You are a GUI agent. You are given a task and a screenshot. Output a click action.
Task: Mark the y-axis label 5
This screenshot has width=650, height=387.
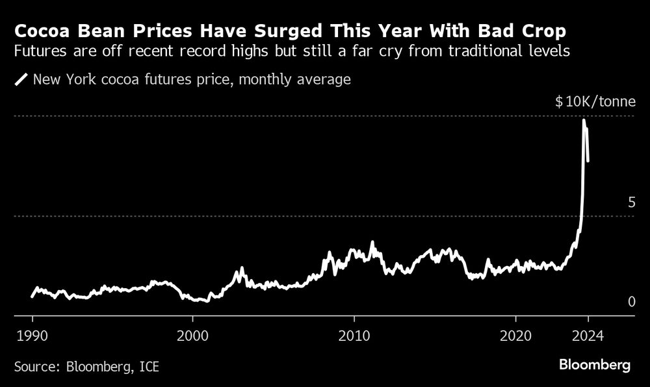(630, 203)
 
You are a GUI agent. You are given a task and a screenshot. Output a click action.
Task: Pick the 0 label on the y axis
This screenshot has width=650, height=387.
(630, 302)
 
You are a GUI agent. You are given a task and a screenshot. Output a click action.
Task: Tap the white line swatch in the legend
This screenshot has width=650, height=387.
(21, 80)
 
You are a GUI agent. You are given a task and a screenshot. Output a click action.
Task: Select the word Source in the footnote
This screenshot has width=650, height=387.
(36, 367)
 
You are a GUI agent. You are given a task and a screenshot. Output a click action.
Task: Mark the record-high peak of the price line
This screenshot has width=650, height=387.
(584, 120)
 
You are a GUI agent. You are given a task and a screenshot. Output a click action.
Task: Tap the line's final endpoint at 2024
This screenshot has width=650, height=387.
(588, 160)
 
